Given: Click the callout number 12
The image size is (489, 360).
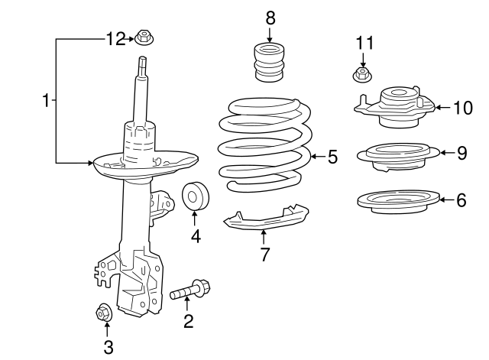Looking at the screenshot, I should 115,38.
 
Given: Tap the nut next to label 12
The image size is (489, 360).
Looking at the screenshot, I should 143,37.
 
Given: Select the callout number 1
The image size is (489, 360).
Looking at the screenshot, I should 46,101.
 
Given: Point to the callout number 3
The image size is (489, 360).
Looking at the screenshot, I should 108,348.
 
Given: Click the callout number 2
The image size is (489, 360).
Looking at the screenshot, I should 188,321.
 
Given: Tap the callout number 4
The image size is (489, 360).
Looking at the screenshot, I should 196,237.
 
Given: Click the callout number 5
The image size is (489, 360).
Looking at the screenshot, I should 332,157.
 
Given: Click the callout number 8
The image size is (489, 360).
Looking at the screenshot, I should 269,17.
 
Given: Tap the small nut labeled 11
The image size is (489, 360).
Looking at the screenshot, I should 364,75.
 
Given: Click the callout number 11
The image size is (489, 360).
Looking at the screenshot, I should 364,43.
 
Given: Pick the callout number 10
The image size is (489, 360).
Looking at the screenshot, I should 463,107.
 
